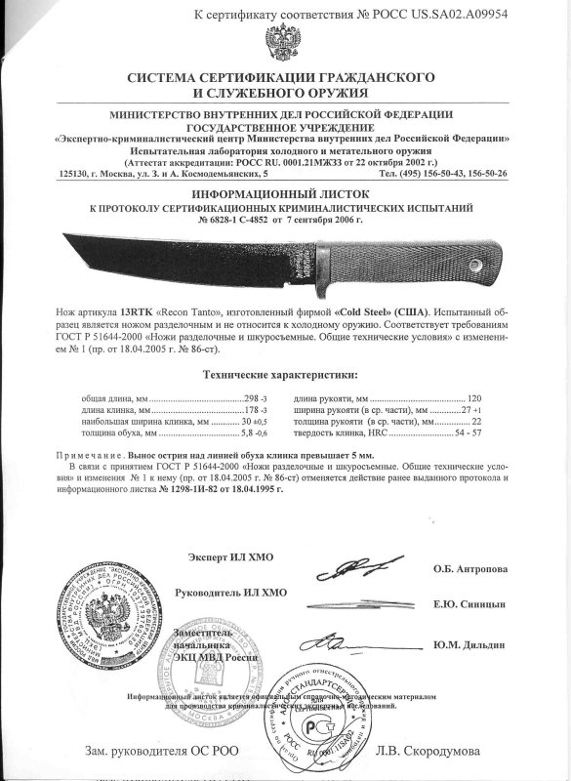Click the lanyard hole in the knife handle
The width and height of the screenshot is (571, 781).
pyautogui.click(x=476, y=264)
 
